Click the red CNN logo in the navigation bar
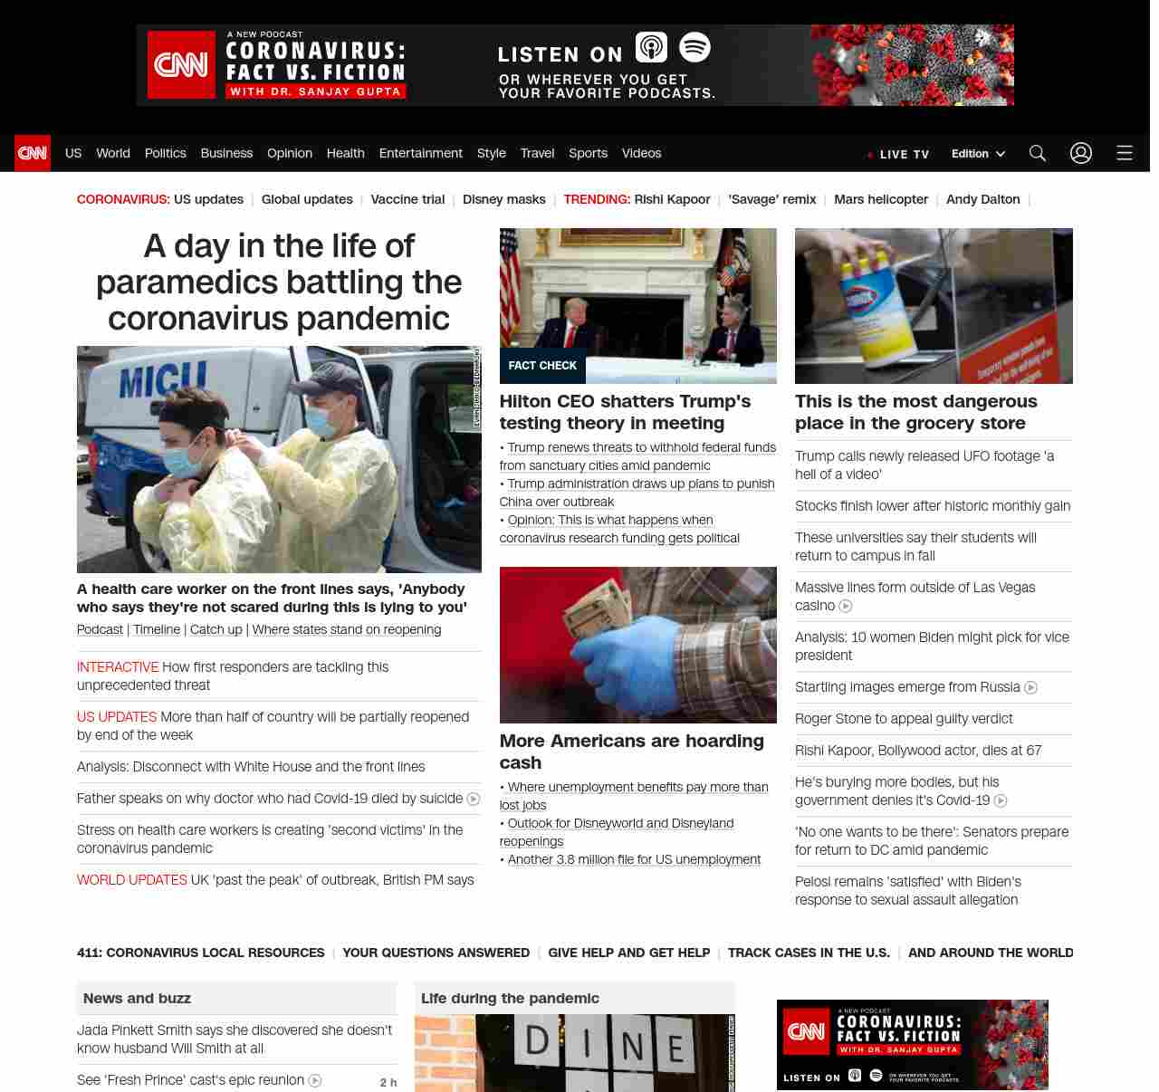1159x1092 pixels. pos(33,153)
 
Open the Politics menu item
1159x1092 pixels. pos(165,153)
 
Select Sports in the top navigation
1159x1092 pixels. pos(588,153)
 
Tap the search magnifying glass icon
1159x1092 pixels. pos(1038,153)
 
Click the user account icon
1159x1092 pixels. pos(1081,153)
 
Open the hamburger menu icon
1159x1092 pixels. pos(1125,153)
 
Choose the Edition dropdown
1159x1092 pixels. pos(978,154)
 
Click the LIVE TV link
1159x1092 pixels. pos(898,154)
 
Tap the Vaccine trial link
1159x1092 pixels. pos(407,199)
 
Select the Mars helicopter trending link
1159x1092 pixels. pos(881,199)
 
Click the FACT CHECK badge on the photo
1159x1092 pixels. pos(542,366)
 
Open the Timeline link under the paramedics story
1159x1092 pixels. pos(157,629)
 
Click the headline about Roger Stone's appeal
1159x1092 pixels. pos(904,719)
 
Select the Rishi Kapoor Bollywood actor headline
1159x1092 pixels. pos(918,751)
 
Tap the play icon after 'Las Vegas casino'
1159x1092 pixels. pos(846,606)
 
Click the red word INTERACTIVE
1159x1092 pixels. pos(118,667)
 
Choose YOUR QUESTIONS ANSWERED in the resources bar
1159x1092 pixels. pos(436,953)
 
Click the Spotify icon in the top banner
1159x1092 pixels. pos(694,47)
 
